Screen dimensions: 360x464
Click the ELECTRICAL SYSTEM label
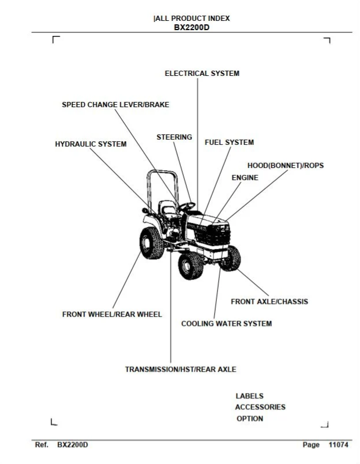202,74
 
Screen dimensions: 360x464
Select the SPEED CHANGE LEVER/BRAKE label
115,105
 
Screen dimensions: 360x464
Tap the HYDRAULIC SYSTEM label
91,144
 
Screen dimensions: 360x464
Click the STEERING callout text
174,137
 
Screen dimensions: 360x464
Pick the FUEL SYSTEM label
229,143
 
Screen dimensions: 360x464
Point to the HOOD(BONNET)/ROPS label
285,166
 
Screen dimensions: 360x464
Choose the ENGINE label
245,178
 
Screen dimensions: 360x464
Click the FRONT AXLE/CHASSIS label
270,302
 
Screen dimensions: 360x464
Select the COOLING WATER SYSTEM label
227,324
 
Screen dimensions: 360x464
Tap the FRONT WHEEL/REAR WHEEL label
112,315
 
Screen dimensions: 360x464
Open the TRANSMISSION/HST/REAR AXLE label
181,370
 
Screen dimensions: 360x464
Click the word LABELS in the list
250,396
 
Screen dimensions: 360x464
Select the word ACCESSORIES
260,407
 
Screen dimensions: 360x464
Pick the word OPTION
250,419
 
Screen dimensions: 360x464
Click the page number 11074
339,445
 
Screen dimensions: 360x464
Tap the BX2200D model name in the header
191,28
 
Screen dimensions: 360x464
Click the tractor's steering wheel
187,206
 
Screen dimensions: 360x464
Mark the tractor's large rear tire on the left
152,243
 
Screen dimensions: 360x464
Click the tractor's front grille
213,235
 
